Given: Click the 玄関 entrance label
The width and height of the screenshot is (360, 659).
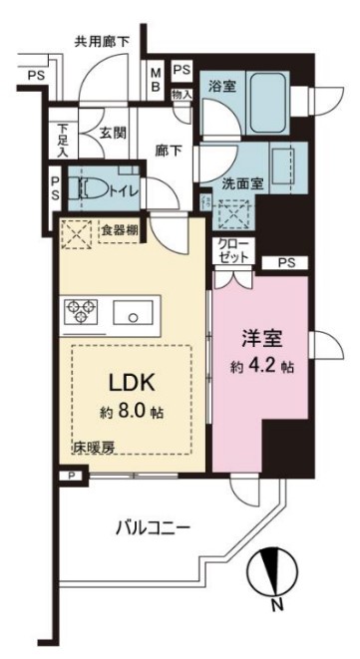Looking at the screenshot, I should (x=110, y=130).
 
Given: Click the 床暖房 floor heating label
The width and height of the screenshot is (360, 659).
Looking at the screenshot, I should (x=93, y=448).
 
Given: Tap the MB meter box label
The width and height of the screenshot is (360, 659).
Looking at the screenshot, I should (x=157, y=79).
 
